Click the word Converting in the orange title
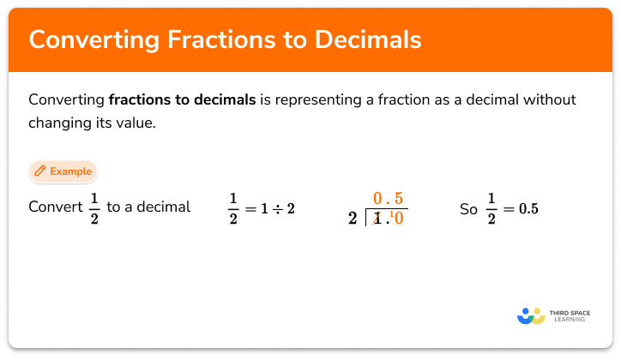82,40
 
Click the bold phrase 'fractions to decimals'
182,99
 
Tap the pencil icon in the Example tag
39,171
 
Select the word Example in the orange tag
70,171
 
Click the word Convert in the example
56,207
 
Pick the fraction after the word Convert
94,207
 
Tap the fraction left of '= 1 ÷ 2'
232,208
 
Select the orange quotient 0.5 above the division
388,199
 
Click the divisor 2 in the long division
353,219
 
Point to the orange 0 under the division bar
399,219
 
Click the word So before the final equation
468,208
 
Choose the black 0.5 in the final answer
525,208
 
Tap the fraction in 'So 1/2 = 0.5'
491,208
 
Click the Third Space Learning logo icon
531,315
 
